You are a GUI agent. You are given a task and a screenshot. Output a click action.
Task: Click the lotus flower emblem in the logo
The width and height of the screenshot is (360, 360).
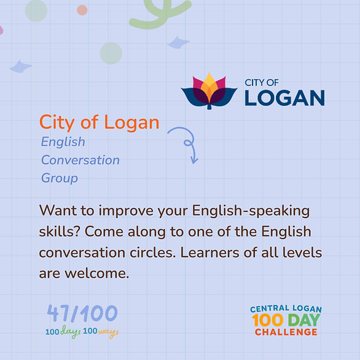[x=209, y=91]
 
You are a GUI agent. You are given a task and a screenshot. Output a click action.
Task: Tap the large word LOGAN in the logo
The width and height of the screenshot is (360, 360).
[x=284, y=98]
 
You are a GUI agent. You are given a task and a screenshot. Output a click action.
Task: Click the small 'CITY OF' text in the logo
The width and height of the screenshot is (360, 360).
[x=262, y=83]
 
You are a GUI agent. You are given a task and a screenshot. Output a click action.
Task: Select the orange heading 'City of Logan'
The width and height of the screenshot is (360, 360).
[x=99, y=123]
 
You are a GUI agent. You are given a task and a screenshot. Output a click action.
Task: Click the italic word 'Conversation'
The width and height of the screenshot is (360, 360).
[x=80, y=160]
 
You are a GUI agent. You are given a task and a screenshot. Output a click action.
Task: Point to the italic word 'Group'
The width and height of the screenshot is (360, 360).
[x=60, y=178]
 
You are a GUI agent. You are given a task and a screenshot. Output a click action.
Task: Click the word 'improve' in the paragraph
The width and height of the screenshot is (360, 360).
[x=126, y=211]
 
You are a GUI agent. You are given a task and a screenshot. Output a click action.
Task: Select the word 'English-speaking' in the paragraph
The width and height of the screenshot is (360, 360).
[x=251, y=211]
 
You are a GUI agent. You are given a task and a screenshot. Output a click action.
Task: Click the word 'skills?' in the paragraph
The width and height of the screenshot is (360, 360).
[x=60, y=232]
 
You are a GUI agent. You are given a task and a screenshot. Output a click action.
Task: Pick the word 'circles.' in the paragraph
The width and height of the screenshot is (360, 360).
[x=153, y=252]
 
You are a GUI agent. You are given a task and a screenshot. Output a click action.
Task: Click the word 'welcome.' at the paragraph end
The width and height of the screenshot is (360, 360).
[x=97, y=273]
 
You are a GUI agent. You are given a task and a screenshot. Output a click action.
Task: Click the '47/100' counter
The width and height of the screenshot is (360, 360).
[x=82, y=313]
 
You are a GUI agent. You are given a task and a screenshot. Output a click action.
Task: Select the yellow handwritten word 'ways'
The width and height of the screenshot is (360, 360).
[x=108, y=332]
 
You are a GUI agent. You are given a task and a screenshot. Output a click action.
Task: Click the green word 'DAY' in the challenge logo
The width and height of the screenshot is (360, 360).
[x=304, y=320]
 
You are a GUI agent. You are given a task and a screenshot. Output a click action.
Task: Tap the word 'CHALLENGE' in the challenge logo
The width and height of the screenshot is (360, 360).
[x=286, y=332]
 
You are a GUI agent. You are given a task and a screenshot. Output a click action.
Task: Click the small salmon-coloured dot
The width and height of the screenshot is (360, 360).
[x=82, y=10]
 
